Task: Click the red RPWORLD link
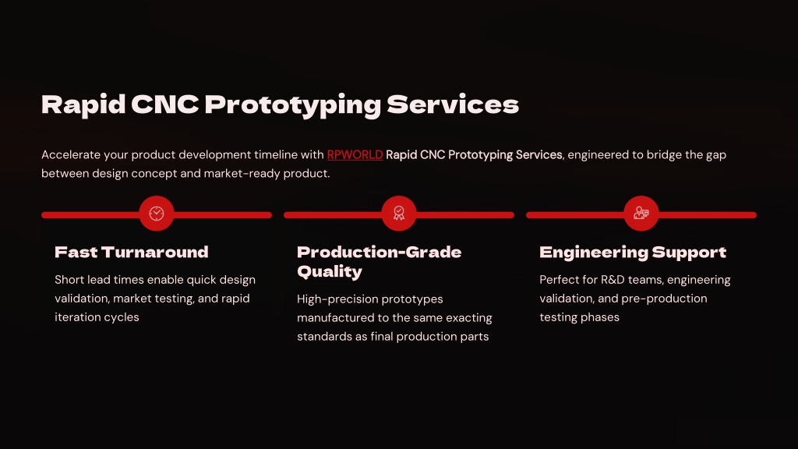point(355,155)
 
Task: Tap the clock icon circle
point(157,214)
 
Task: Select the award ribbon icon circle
point(399,214)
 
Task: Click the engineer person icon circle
point(641,214)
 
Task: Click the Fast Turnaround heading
point(131,252)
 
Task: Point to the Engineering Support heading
point(633,253)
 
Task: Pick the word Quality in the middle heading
point(330,272)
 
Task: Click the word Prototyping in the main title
point(293,105)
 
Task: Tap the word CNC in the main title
point(165,104)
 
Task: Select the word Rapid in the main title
point(83,105)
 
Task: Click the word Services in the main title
point(453,104)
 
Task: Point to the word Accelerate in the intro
point(71,155)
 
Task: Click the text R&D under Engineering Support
point(613,280)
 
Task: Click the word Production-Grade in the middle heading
point(380,252)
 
